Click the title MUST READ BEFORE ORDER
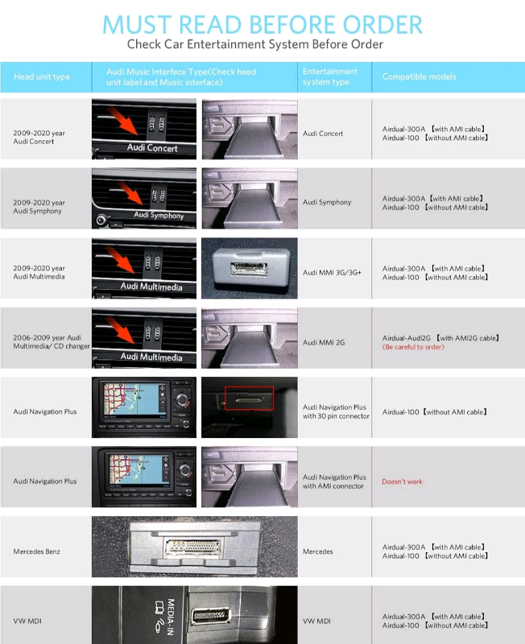262,25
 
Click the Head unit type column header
42,76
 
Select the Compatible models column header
419,76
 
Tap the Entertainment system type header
330,76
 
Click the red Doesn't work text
402,481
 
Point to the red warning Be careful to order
413,347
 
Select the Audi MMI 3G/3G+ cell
332,272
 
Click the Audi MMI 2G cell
324,343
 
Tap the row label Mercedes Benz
36,551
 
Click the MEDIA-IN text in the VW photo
172,617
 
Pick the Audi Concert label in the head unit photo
152,148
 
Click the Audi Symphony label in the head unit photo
159,215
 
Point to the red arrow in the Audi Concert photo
123,121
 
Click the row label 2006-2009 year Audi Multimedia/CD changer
52,341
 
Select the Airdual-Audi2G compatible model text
440,338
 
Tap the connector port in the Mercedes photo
193,547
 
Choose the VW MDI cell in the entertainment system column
316,621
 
